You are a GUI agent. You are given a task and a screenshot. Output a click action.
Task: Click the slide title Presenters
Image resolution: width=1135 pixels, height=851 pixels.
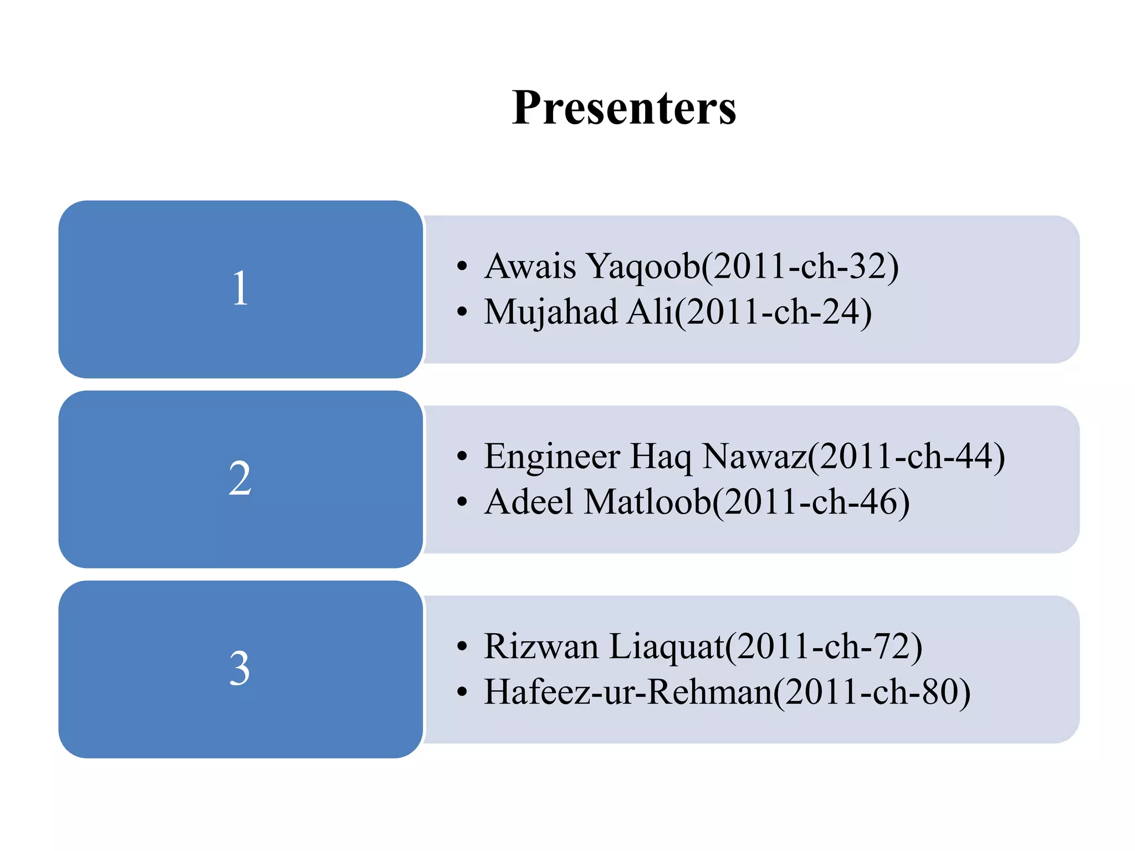pyautogui.click(x=623, y=107)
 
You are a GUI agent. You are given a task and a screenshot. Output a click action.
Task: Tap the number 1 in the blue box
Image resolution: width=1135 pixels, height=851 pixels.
pyautogui.click(x=240, y=289)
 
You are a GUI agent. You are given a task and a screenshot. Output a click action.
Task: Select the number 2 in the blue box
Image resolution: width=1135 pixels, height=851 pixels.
pyautogui.click(x=240, y=478)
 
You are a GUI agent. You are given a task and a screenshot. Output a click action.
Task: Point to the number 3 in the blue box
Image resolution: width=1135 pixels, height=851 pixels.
pyautogui.click(x=240, y=668)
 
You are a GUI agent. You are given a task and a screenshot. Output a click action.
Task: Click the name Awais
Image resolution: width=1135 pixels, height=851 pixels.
pyautogui.click(x=530, y=266)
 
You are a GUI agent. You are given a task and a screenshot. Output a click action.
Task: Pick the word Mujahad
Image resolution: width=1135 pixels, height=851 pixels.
pyautogui.click(x=550, y=312)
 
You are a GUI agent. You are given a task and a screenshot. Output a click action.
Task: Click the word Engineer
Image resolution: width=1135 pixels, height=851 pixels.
pyautogui.click(x=551, y=457)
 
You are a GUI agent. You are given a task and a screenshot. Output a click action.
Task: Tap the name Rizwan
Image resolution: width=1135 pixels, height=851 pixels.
pyautogui.click(x=541, y=647)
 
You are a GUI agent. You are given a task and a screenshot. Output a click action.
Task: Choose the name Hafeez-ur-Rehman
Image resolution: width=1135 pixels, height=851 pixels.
pyautogui.click(x=628, y=692)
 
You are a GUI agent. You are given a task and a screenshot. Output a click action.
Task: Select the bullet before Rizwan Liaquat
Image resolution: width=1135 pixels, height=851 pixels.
pyautogui.click(x=462, y=647)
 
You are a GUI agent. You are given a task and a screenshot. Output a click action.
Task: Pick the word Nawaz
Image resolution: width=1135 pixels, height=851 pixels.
pyautogui.click(x=754, y=457)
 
